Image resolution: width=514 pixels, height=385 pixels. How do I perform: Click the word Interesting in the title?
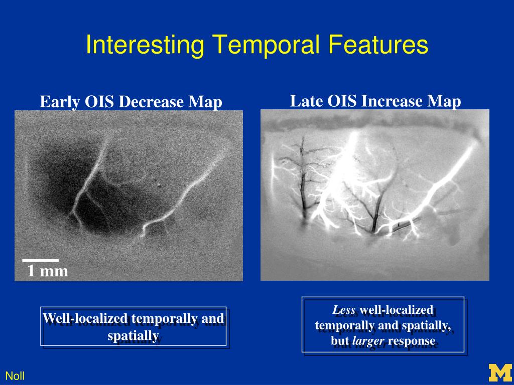pos(145,45)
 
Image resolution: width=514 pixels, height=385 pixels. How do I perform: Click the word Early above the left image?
pos(60,102)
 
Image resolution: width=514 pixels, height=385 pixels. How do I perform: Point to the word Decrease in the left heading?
pos(151,102)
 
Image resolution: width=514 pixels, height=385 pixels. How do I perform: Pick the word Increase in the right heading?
pos(392,101)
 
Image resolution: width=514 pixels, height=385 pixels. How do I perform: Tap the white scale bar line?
pos(40,261)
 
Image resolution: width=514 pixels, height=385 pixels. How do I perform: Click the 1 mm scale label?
pos(48,271)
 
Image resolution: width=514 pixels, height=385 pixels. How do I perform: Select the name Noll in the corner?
pos(15,376)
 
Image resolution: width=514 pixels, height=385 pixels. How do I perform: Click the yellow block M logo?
pos(500,372)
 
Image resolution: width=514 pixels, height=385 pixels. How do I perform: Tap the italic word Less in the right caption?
pos(344,309)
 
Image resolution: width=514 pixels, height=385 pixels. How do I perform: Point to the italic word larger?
pos(368,341)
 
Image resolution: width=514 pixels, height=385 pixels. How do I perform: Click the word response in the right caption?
pos(412,341)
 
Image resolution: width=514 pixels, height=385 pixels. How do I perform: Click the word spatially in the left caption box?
pos(134,335)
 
